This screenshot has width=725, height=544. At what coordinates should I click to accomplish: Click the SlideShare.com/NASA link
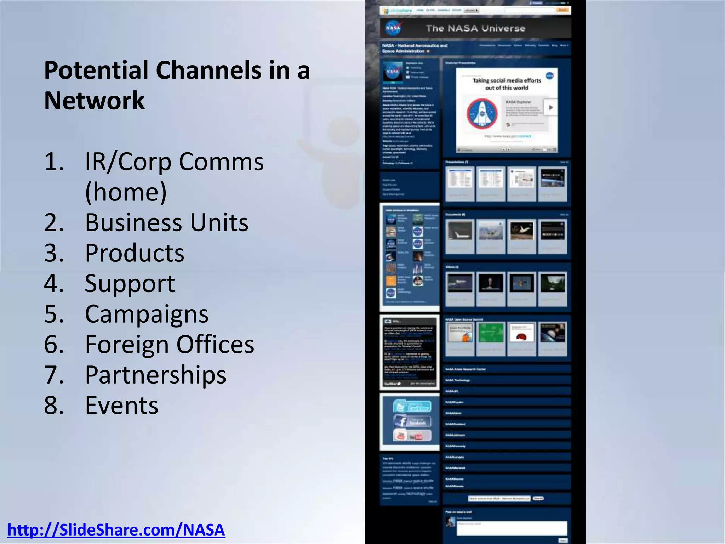(116, 530)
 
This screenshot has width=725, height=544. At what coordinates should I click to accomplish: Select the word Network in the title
(94, 101)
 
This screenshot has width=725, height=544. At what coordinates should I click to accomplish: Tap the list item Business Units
(166, 222)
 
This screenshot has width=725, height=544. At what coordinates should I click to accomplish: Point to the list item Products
(135, 253)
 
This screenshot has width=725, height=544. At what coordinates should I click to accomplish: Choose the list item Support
(130, 283)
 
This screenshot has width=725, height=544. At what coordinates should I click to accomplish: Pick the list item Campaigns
(147, 314)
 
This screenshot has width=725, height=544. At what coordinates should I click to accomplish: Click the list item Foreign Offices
(169, 344)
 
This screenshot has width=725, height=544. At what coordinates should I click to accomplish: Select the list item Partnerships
(155, 375)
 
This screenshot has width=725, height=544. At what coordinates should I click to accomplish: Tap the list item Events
(121, 405)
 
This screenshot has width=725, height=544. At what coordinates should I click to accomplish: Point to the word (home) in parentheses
(126, 192)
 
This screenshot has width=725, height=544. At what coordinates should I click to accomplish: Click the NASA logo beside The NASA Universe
(393, 28)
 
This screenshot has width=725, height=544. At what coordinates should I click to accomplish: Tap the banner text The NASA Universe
(475, 28)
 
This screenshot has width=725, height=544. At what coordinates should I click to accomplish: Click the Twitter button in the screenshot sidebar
(412, 407)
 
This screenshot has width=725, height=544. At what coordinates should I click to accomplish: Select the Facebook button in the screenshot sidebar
(412, 421)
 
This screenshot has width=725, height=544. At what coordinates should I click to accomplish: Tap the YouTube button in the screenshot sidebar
(412, 435)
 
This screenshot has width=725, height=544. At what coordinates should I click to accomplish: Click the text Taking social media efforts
(507, 80)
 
